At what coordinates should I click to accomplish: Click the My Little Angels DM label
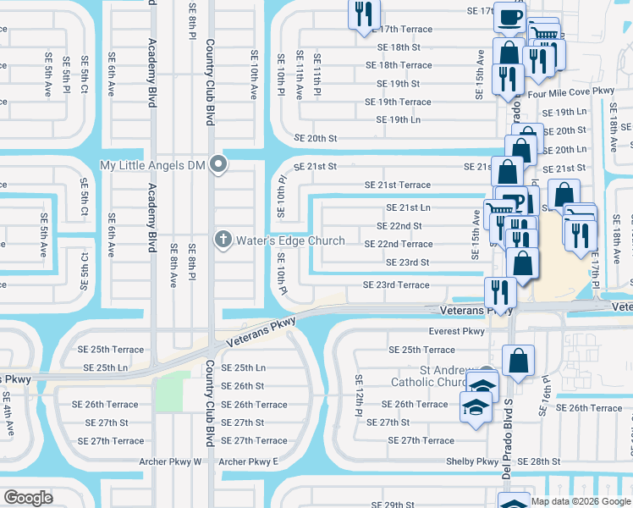[x=153, y=164]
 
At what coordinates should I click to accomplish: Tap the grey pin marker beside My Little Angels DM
[x=219, y=164]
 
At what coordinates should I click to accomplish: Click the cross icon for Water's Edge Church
[x=224, y=240]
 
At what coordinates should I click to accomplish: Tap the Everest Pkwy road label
[x=457, y=332]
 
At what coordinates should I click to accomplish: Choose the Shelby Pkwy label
[x=473, y=461]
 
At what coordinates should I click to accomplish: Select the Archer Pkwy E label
[x=248, y=461]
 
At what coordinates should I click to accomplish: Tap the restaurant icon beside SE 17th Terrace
[x=365, y=14]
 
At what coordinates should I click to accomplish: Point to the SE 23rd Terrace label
[x=396, y=285]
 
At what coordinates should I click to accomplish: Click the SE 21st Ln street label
[x=409, y=207]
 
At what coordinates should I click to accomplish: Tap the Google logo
[x=28, y=498]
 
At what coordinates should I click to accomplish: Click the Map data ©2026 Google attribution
[x=580, y=501]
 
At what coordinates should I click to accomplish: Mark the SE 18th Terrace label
[x=399, y=65]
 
